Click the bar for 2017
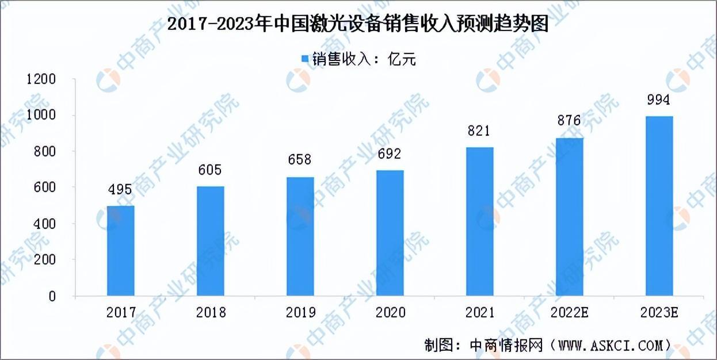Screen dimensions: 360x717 point(120,251)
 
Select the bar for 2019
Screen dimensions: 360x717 point(300,236)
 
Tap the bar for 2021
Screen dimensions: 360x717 point(479,221)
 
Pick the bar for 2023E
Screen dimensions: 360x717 point(659,206)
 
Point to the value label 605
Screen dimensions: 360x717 point(211,170)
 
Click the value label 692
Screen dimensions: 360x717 point(390,154)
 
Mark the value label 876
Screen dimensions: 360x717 point(569,121)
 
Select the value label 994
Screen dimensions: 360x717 point(659,100)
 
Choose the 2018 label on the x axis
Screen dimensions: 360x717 point(211,312)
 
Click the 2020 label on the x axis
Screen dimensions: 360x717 point(390,312)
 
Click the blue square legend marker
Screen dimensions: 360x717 point(305,59)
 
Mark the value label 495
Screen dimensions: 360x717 point(120,190)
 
